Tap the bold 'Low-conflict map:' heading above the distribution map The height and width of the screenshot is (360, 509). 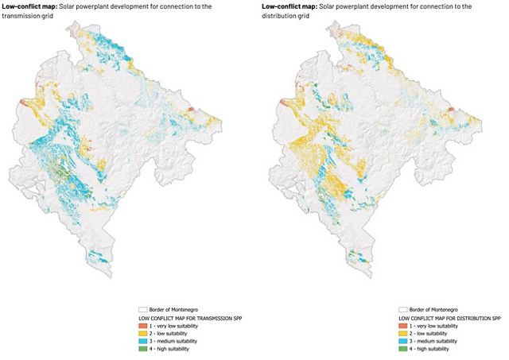point(289,6)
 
